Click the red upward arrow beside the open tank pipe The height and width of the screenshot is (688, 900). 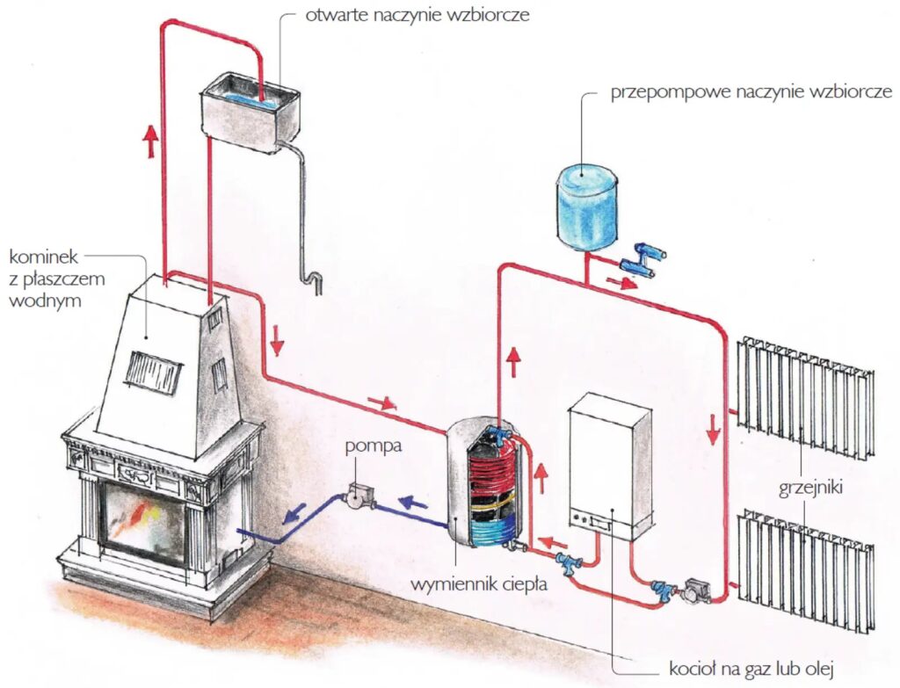tap(150, 141)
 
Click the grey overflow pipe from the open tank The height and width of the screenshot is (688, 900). tap(303, 220)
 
